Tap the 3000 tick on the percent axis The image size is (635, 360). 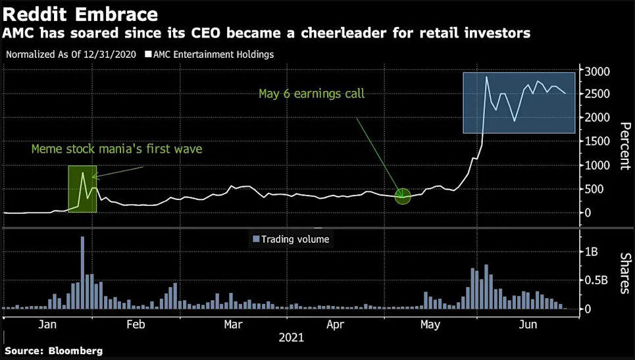coord(599,71)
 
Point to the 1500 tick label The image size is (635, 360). coord(599,141)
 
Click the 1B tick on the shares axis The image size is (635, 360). coord(592,251)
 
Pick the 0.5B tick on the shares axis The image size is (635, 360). coord(596,280)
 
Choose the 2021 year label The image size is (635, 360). coord(292,338)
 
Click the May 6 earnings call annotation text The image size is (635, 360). coord(311,94)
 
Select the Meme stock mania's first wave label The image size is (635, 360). coord(116,149)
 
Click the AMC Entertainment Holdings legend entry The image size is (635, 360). coord(209,54)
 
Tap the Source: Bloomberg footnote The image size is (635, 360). coord(53,351)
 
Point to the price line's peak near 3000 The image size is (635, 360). coord(486,77)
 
